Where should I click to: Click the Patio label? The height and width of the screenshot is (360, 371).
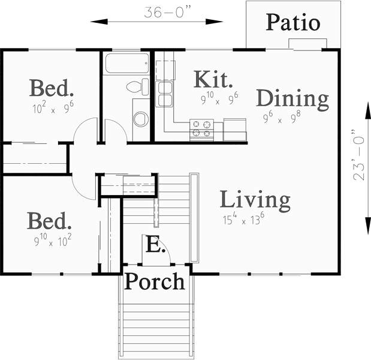(292, 23)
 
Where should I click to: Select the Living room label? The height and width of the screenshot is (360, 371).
(255, 199)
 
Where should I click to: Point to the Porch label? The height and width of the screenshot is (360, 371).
(154, 281)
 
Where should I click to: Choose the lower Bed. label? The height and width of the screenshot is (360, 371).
(49, 221)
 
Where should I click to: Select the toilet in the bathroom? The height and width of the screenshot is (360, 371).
(137, 88)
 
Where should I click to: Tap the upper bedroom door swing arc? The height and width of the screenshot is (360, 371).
(87, 129)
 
